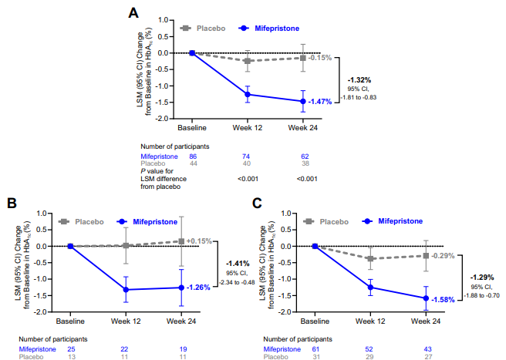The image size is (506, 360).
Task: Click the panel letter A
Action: click(133, 12)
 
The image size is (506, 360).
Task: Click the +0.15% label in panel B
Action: click(199, 241)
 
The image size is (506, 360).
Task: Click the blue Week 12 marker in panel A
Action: click(248, 95)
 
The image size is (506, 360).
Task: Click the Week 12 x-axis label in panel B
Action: click(126, 320)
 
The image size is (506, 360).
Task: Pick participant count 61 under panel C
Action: click(315, 348)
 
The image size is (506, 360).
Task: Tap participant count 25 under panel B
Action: click(70, 348)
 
